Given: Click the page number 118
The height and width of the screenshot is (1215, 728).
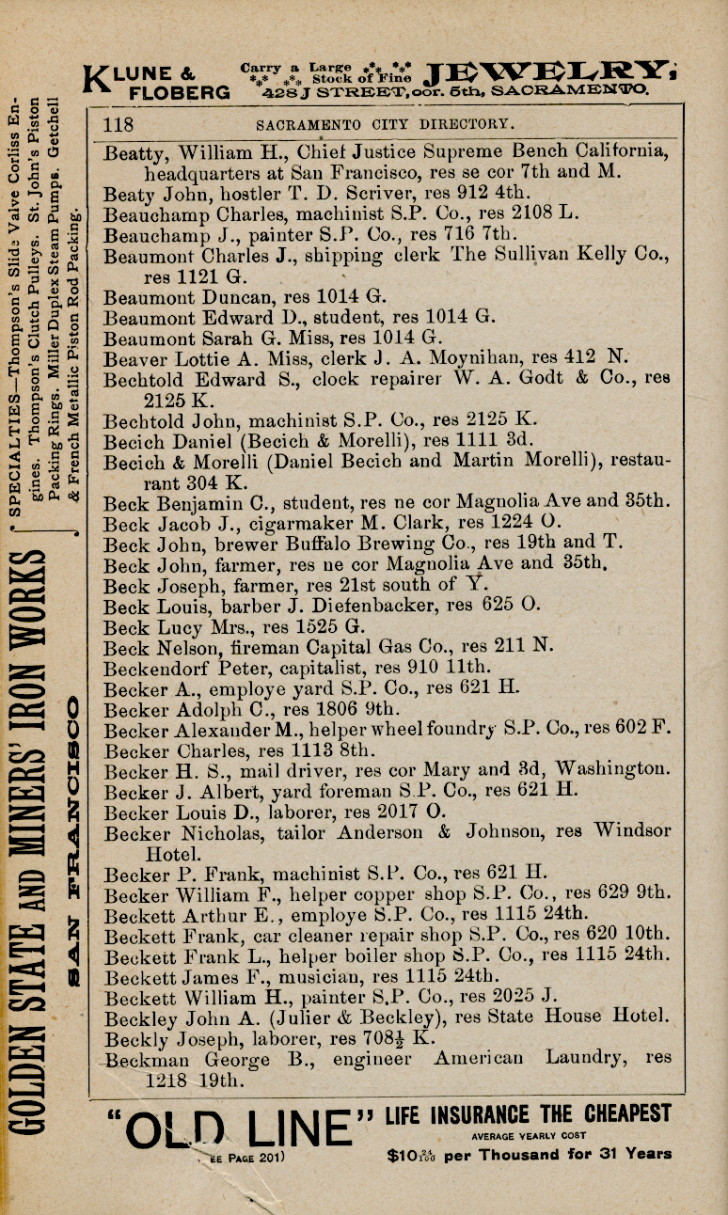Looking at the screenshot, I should tap(119, 124).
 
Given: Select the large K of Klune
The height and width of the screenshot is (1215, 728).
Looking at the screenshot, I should tap(97, 81).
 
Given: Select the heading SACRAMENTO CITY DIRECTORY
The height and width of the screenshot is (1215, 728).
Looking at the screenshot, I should tap(385, 124).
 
